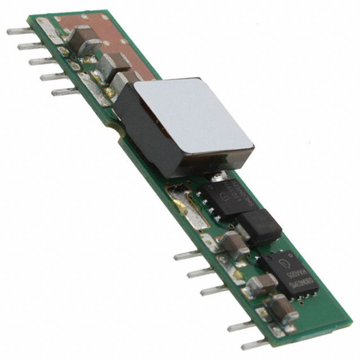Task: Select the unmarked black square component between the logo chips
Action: [x=260, y=226]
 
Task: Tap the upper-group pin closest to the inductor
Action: [x=63, y=91]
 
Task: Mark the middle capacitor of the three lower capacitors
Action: [x=261, y=283]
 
